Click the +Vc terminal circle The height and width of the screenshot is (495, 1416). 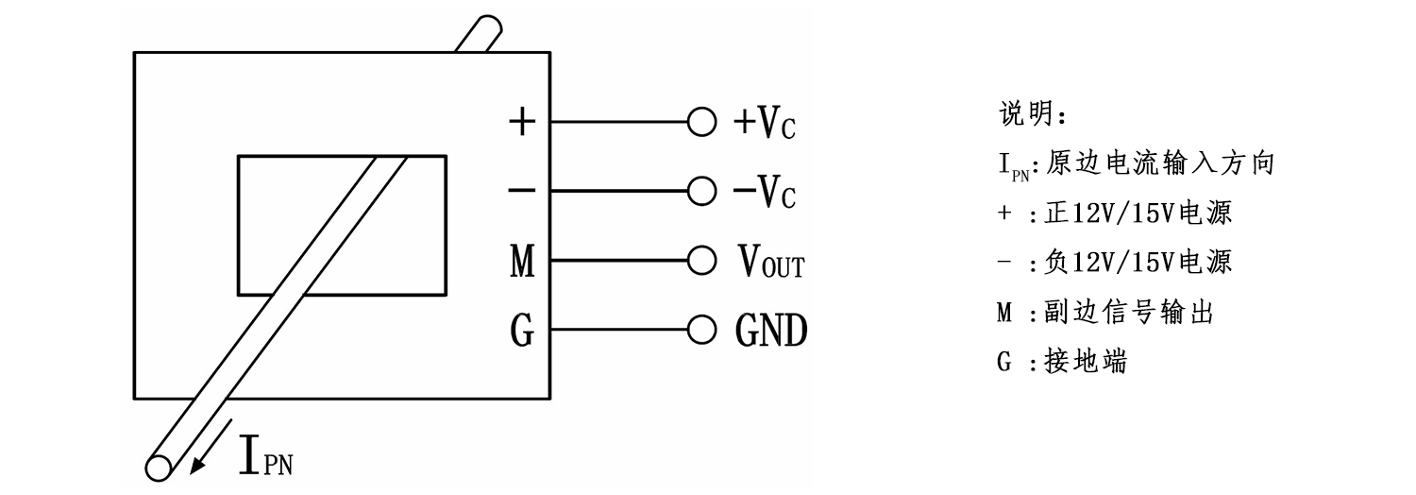click(700, 122)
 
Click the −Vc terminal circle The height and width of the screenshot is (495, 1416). click(700, 192)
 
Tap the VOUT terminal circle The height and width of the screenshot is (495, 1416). click(700, 261)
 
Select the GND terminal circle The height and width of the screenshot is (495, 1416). click(700, 330)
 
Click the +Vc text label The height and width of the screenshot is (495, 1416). click(764, 123)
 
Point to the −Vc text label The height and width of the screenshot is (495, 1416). click(764, 193)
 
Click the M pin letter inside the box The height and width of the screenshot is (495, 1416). click(521, 262)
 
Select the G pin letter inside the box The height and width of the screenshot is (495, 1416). click(521, 331)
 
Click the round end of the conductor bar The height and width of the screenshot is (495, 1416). click(158, 466)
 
